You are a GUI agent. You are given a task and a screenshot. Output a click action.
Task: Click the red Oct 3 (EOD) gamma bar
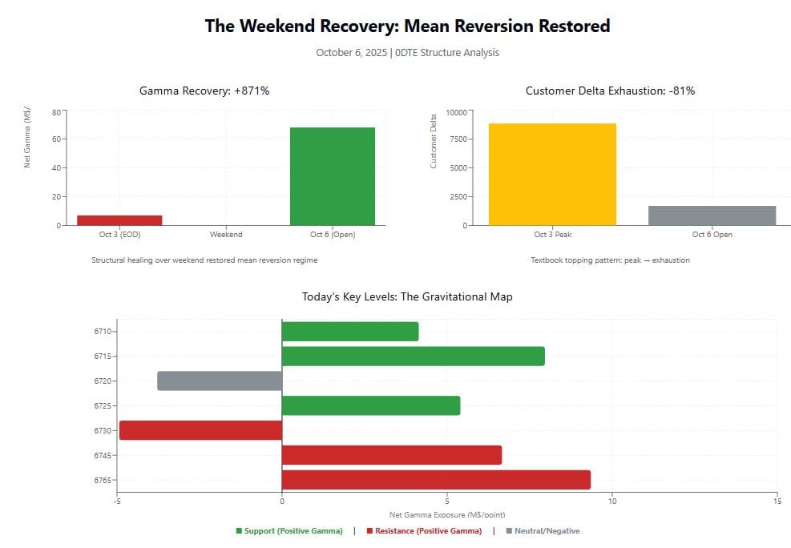coord(119,220)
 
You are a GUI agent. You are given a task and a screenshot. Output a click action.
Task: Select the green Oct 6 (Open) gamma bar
coord(332,176)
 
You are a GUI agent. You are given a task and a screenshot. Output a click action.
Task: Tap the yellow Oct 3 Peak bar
coord(552,174)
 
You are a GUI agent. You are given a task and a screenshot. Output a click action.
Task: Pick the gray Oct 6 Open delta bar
coord(712,216)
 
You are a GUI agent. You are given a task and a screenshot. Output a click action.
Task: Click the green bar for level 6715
coord(413,356)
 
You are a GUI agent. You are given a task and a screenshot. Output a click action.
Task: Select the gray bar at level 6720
coord(220,381)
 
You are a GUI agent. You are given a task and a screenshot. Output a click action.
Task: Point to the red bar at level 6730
coord(200,430)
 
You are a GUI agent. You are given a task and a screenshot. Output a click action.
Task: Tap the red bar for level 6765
coord(436,480)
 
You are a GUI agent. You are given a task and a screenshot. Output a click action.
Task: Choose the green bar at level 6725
coord(371,405)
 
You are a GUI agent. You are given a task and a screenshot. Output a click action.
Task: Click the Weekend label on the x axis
coord(226,235)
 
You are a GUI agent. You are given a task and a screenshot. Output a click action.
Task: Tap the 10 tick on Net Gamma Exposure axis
coord(612,502)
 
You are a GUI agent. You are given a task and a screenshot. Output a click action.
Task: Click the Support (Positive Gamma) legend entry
coord(289,531)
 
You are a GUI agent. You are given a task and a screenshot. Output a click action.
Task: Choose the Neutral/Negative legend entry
coord(543,531)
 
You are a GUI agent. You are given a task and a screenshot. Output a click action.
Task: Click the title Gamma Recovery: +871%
coord(204,91)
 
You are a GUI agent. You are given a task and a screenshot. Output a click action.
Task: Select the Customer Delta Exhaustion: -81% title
coord(610,91)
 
